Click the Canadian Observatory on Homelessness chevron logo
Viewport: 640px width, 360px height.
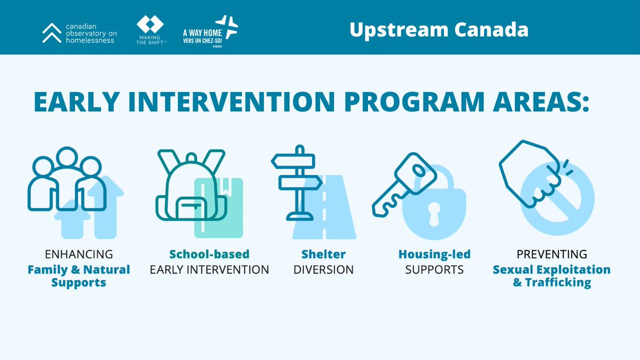point(52,33)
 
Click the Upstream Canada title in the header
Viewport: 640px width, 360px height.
point(438,29)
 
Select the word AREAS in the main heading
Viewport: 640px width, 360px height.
point(533,102)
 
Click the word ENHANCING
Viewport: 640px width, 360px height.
point(79,254)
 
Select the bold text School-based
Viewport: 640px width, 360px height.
point(209,254)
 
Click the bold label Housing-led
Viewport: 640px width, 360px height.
point(435,254)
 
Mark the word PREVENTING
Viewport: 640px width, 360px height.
point(551,254)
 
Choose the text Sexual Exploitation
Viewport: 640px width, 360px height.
point(551,269)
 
